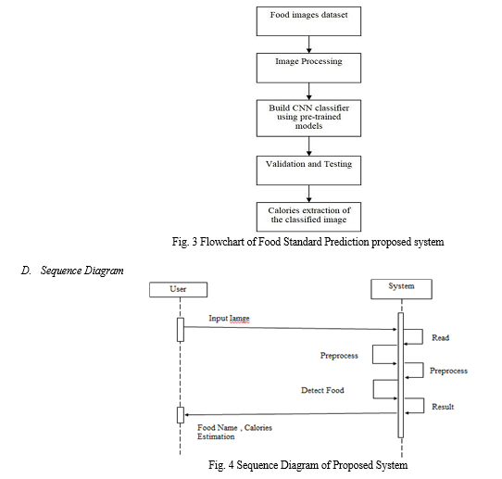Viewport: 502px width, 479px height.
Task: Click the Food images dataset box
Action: (308, 21)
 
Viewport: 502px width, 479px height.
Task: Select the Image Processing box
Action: (308, 68)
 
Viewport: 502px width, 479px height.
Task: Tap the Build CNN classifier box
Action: (308, 119)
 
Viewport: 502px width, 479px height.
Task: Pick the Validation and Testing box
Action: (308, 170)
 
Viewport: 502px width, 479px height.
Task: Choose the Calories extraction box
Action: (308, 217)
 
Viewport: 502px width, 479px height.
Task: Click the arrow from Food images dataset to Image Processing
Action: (309, 44)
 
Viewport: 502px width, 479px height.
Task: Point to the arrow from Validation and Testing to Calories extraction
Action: (309, 194)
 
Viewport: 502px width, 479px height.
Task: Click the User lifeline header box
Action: (179, 289)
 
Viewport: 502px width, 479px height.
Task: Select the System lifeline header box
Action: (401, 289)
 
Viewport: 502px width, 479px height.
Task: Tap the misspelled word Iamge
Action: (239, 319)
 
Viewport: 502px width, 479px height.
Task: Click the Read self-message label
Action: (441, 338)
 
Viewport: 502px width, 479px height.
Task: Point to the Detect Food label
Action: (322, 390)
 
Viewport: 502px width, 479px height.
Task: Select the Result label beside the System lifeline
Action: (443, 407)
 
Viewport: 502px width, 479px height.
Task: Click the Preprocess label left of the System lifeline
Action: (339, 356)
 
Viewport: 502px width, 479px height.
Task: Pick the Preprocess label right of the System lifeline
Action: (448, 371)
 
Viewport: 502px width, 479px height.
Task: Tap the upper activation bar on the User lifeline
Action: (181, 330)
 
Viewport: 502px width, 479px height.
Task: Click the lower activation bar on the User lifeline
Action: (181, 415)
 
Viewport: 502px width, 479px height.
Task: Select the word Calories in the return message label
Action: (258, 428)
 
